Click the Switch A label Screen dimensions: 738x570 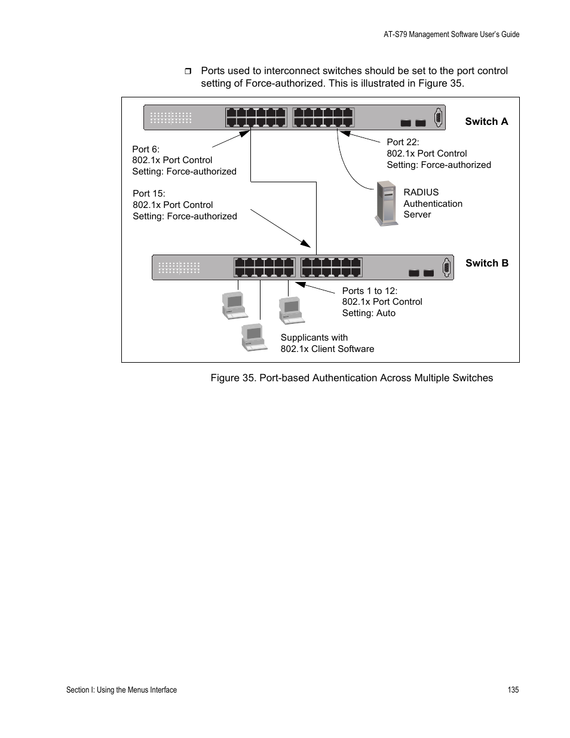(486, 121)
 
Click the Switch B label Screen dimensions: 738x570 (487, 263)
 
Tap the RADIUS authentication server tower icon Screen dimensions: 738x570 (387, 204)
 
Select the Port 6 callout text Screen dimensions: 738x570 (184, 160)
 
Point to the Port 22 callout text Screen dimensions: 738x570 (439, 154)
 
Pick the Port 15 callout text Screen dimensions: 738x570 (185, 205)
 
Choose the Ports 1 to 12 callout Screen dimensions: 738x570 (382, 302)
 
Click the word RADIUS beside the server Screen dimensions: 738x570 (421, 192)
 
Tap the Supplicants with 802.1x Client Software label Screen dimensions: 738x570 (327, 343)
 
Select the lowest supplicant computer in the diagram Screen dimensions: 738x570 (254, 337)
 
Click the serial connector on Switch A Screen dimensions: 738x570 (438, 118)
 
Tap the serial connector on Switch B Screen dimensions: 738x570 (446, 268)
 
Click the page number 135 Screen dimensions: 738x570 (513, 690)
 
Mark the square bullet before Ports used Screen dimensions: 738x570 (188, 72)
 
